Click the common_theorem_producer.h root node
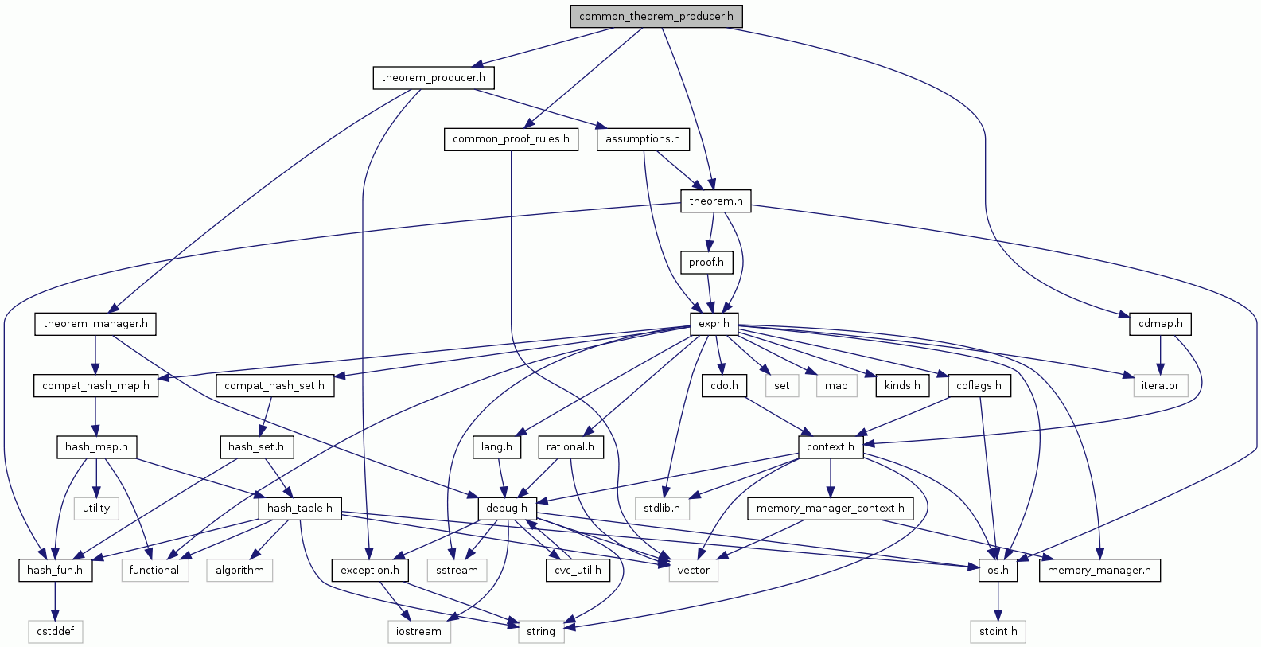coord(656,16)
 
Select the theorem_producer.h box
coord(433,78)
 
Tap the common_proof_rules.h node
coord(511,139)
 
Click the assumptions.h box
coord(642,139)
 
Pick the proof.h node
coord(706,263)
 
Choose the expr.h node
coord(714,324)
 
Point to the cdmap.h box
coord(1160,324)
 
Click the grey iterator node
coord(1160,386)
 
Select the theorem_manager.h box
coord(95,324)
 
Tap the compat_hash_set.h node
coord(274,386)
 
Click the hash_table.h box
coord(299,509)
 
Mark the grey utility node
coord(96,509)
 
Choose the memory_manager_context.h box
coord(830,509)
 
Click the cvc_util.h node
coord(578,571)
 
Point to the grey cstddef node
coord(55,632)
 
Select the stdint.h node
coord(998,632)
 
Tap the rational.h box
coord(570,447)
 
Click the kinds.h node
coord(902,386)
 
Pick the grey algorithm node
coord(239,571)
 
